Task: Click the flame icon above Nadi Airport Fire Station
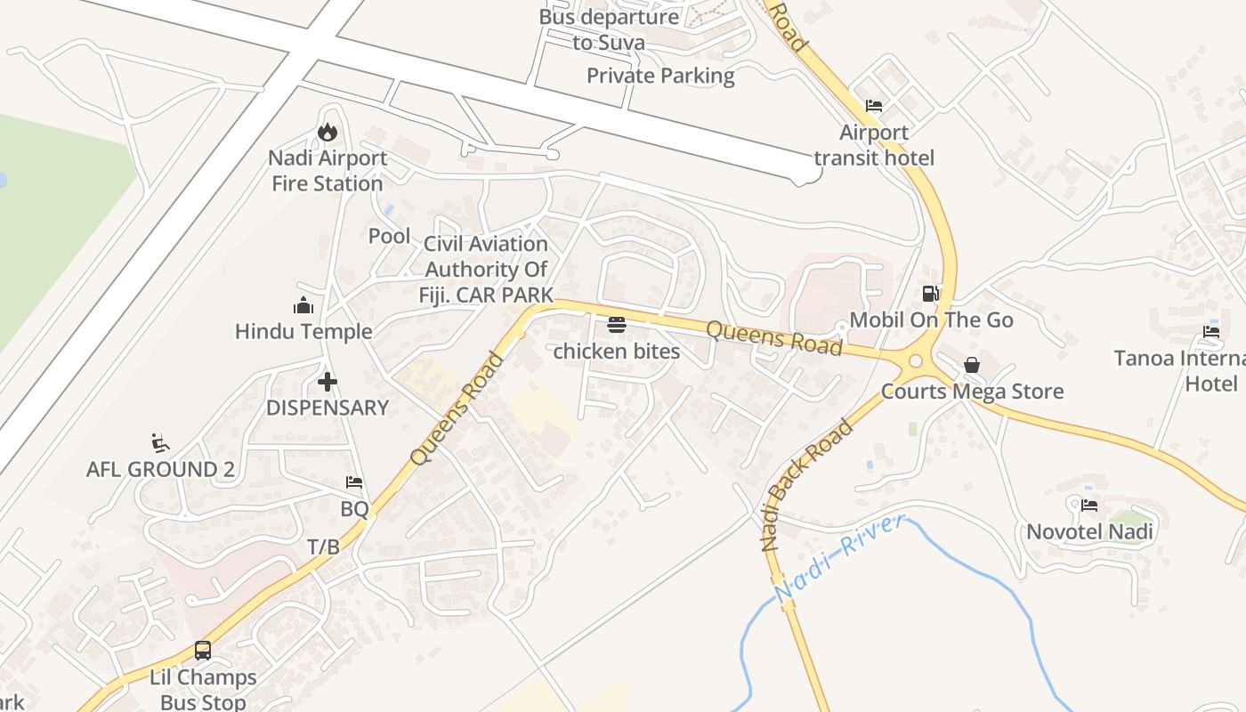pyautogui.click(x=328, y=133)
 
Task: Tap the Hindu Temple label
pyautogui.click(x=303, y=331)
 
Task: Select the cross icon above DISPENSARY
pyautogui.click(x=328, y=383)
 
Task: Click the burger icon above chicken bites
pyautogui.click(x=617, y=325)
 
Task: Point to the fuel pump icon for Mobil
pyautogui.click(x=931, y=293)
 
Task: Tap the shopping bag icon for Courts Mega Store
pyautogui.click(x=972, y=365)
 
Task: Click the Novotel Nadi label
pyautogui.click(x=1089, y=532)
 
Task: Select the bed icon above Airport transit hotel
pyautogui.click(x=874, y=106)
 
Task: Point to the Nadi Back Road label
pyautogui.click(x=806, y=486)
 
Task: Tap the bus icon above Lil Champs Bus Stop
pyautogui.click(x=203, y=651)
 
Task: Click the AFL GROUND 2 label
pyautogui.click(x=161, y=469)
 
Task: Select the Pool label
pyautogui.click(x=390, y=236)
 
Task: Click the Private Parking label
pyautogui.click(x=660, y=76)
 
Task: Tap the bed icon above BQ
pyautogui.click(x=354, y=483)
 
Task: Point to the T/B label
pyautogui.click(x=323, y=546)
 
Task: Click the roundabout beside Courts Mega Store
pyautogui.click(x=915, y=361)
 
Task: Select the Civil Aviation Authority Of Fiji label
pyautogui.click(x=486, y=269)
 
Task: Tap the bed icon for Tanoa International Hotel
pyautogui.click(x=1210, y=332)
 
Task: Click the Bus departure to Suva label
pyautogui.click(x=609, y=28)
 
